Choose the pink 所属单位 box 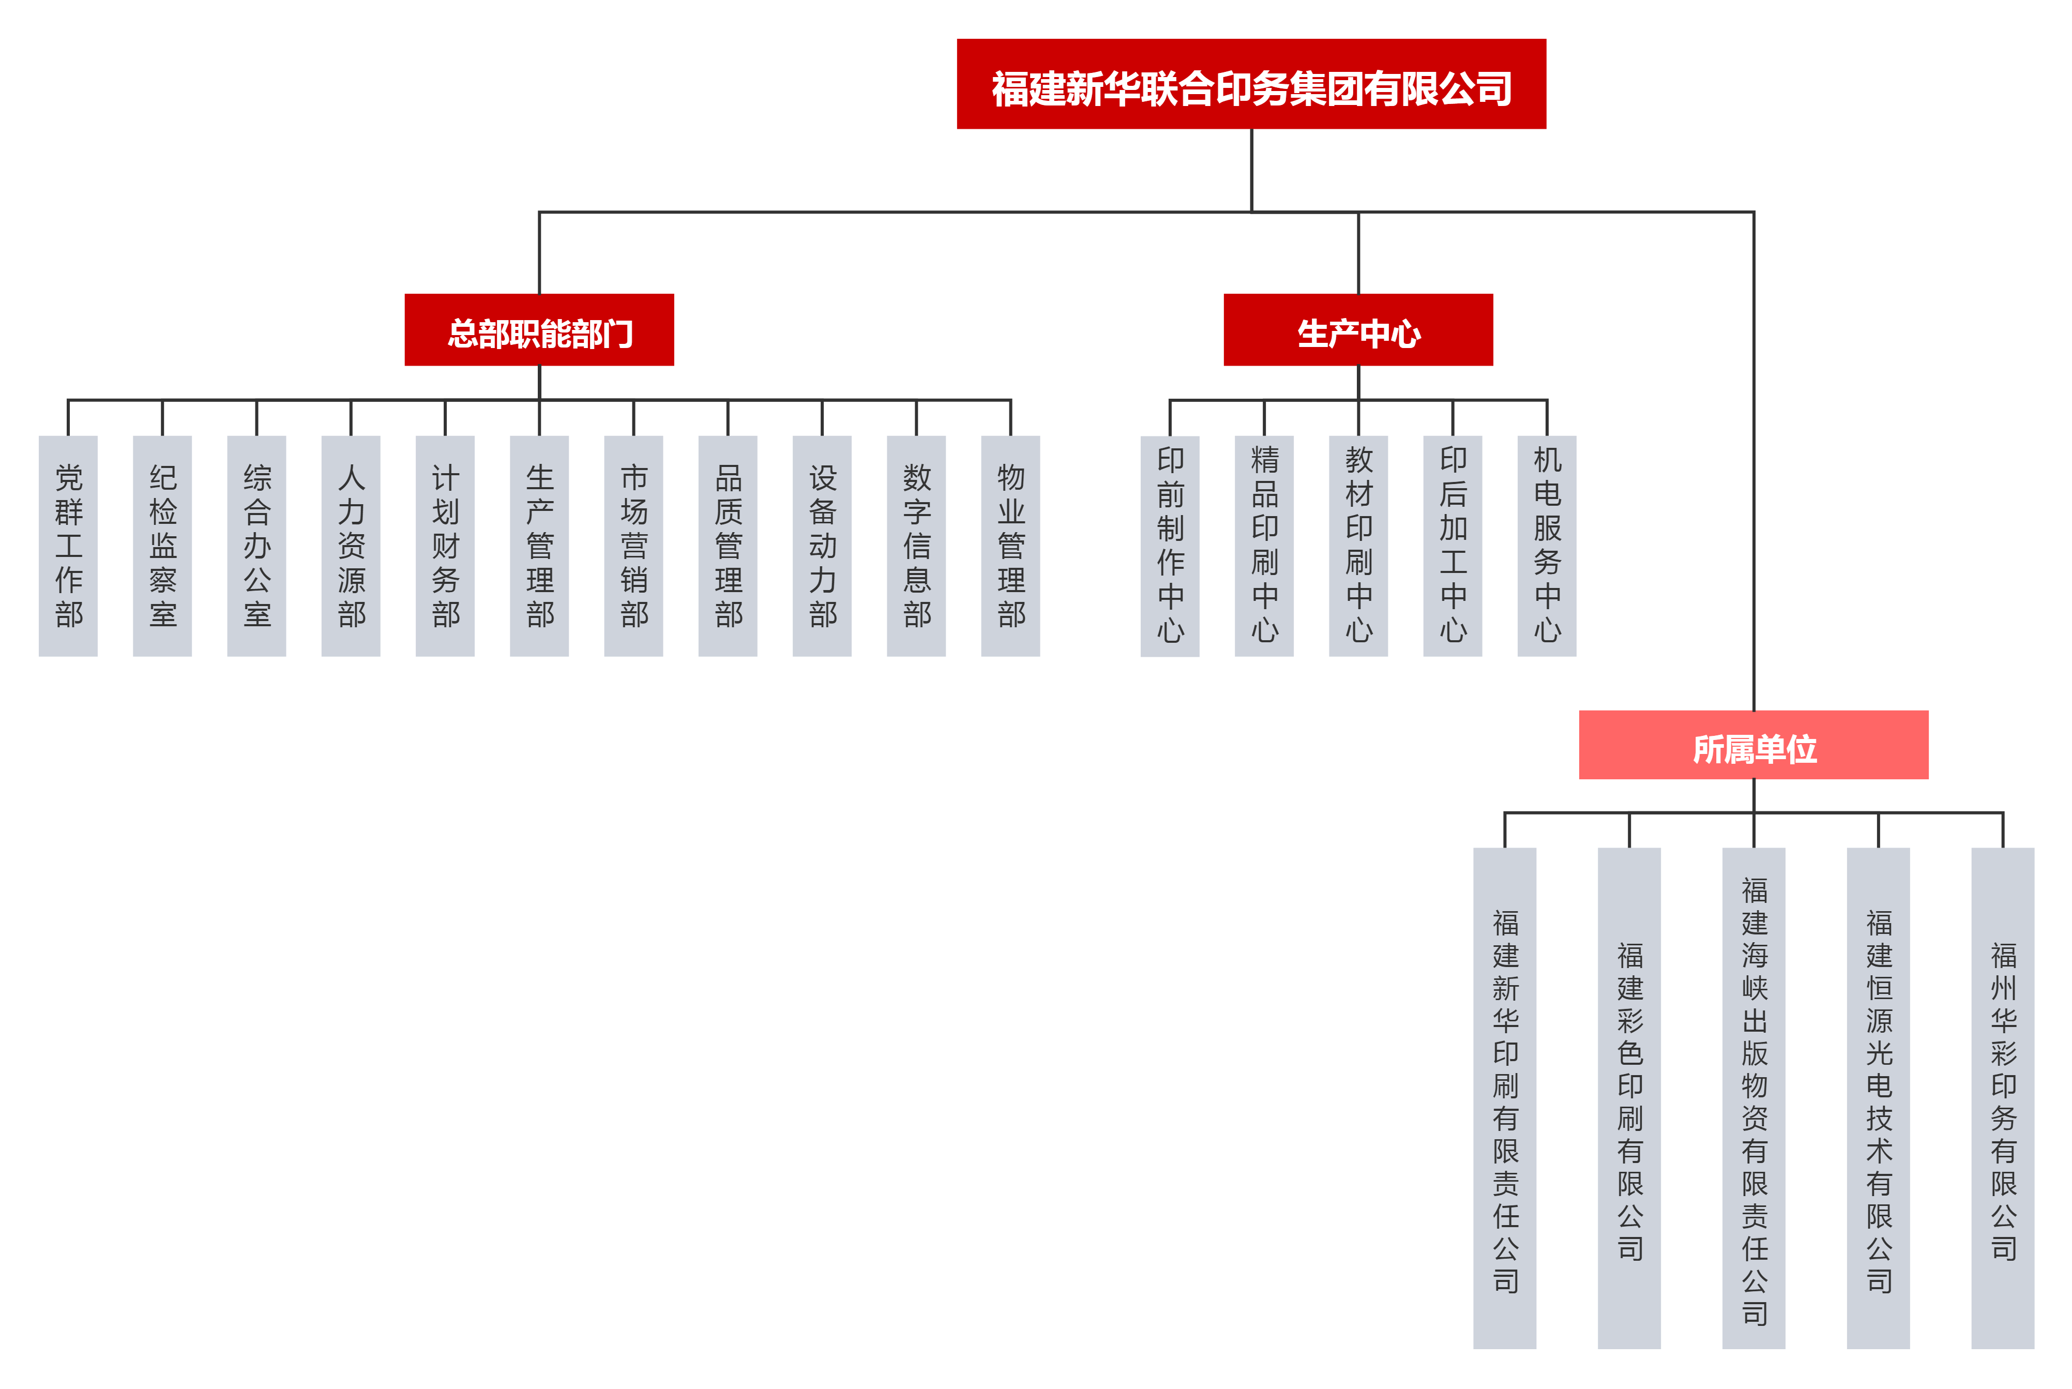pos(1752,745)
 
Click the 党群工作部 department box pos(68,545)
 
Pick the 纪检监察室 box pos(162,545)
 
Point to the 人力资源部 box pos(351,545)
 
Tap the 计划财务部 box pos(445,545)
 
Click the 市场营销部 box pos(633,545)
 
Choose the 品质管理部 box pos(727,545)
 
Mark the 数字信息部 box pos(916,545)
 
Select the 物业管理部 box pos(1010,545)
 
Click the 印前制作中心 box pos(1169,545)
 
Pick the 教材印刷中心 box pos(1358,545)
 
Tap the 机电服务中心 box pos(1547,545)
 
